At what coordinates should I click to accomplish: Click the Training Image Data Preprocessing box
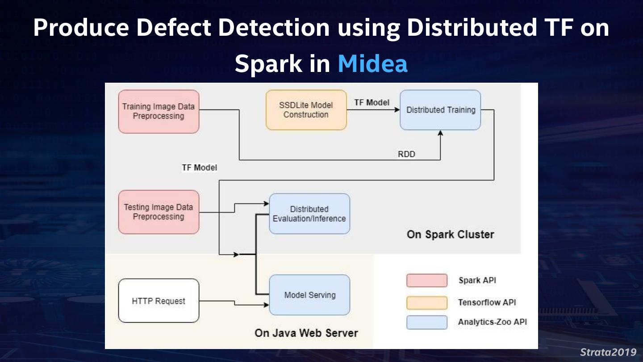click(159, 112)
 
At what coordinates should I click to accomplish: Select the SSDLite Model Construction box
click(306, 110)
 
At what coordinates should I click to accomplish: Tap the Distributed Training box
click(440, 110)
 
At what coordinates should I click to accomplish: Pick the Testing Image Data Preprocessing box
click(159, 212)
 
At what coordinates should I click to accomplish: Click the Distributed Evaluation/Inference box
click(309, 214)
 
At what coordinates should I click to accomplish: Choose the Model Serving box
click(309, 295)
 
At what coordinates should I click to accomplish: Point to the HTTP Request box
click(159, 301)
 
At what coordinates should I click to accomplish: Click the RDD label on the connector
click(406, 154)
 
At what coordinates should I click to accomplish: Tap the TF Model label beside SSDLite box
click(372, 102)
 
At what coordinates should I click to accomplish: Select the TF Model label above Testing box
click(199, 168)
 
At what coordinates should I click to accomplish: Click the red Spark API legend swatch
click(426, 281)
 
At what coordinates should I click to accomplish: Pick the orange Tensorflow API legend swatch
click(426, 303)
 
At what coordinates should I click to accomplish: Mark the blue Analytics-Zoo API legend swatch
click(426, 322)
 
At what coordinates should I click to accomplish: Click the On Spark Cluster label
click(450, 235)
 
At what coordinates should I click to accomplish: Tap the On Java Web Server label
click(306, 333)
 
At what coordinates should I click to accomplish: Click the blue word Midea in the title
click(372, 64)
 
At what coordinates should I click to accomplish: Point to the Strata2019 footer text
click(608, 352)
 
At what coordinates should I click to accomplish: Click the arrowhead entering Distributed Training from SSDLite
click(397, 109)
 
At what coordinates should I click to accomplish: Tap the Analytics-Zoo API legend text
click(492, 322)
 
